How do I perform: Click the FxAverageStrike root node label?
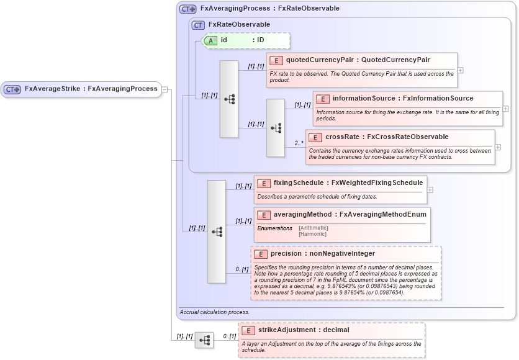tap(91, 89)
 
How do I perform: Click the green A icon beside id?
tap(211, 40)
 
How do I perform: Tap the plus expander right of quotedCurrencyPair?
tap(461, 70)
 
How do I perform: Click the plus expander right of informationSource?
tap(506, 109)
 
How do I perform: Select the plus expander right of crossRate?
tap(498, 147)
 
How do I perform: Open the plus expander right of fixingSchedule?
tap(430, 190)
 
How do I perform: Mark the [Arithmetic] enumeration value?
tap(314, 228)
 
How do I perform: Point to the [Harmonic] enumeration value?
tap(312, 235)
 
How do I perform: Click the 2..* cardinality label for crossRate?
tap(299, 143)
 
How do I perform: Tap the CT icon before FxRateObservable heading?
tap(199, 25)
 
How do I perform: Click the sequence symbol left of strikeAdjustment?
tap(204, 340)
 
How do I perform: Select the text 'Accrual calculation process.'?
tap(215, 312)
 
